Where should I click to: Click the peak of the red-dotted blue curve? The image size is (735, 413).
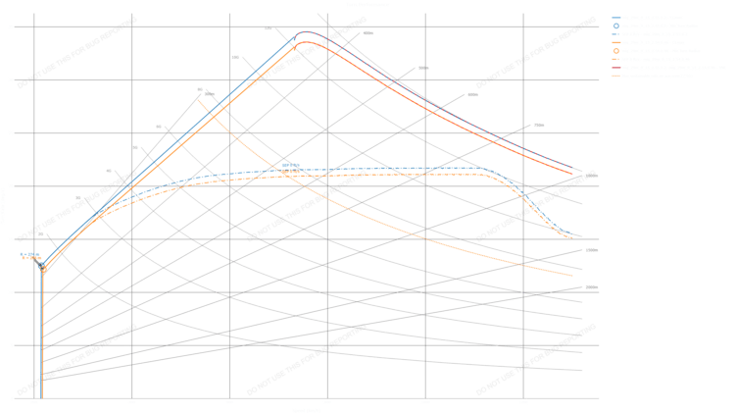point(307,32)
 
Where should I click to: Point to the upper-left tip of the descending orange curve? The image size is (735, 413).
point(198,99)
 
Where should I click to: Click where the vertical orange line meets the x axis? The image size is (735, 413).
point(43,398)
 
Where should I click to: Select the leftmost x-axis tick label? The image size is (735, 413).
point(34,403)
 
